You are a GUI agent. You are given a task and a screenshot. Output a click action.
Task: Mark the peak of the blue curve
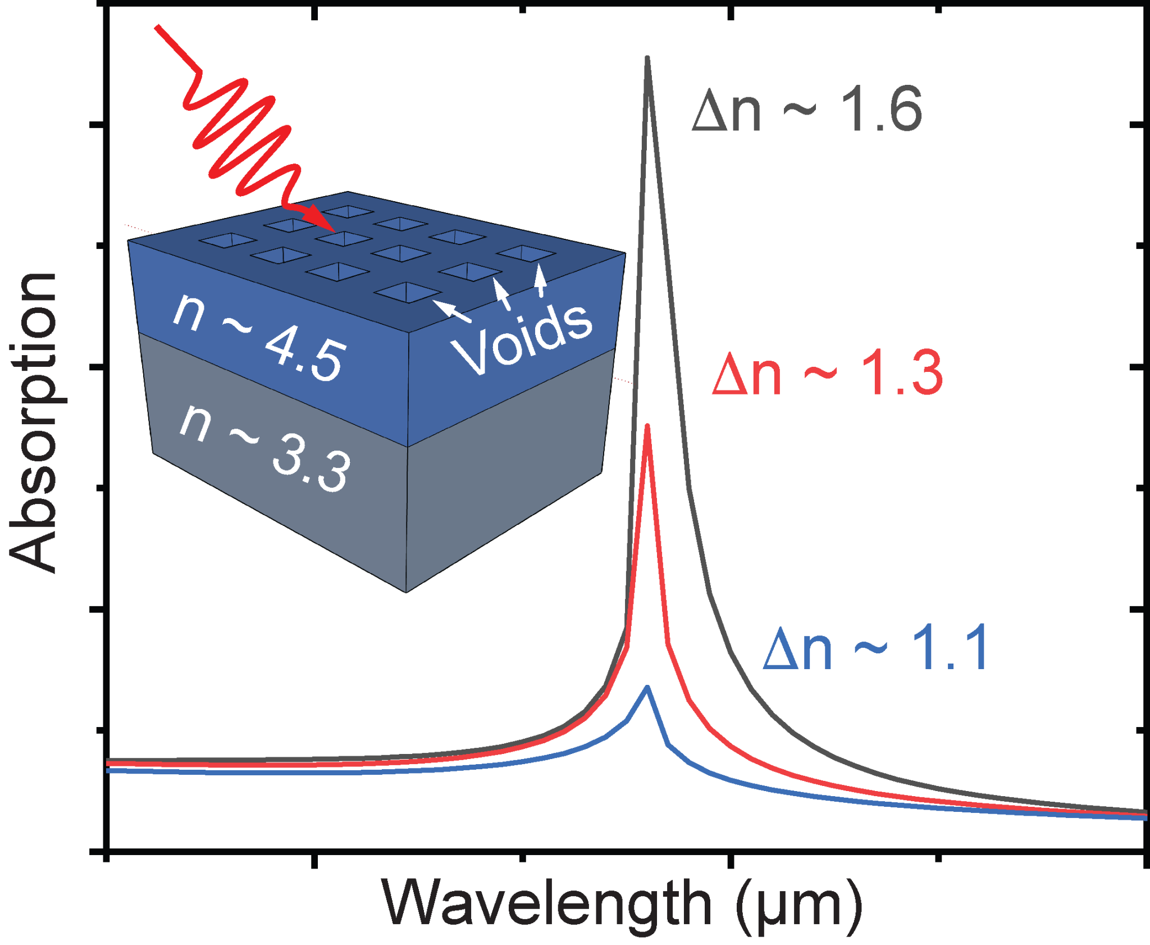[648, 687]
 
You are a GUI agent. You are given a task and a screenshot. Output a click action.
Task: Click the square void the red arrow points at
[344, 238]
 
